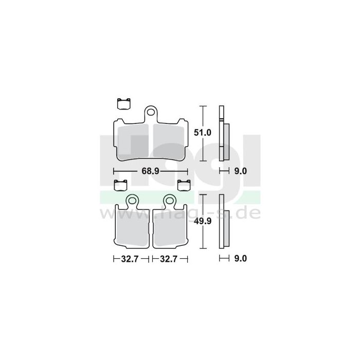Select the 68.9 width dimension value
click(150, 171)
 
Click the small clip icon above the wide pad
click(123, 103)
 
